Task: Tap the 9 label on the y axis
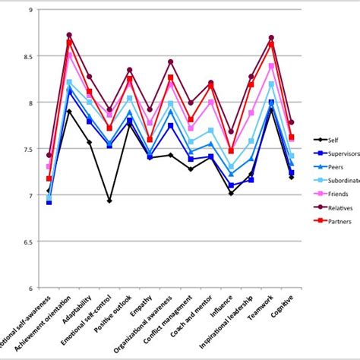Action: coord(29,10)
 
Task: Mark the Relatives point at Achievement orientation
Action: coord(70,35)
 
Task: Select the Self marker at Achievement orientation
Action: coord(70,112)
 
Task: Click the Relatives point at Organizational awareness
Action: coord(170,62)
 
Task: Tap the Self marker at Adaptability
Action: coord(90,142)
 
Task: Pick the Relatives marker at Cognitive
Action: coord(292,122)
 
